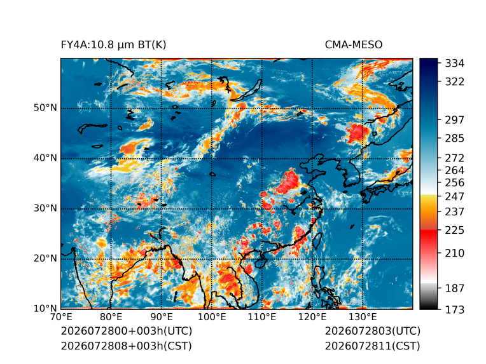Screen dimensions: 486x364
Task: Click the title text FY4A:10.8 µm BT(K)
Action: coord(113,45)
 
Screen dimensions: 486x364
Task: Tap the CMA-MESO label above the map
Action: coord(354,45)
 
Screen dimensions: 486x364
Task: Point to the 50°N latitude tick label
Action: coord(45,108)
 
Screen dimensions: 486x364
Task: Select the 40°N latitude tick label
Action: coord(45,158)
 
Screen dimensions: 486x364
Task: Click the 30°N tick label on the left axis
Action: coord(45,208)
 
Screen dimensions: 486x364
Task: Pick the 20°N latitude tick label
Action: coord(45,258)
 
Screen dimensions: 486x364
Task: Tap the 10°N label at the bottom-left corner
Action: coord(45,308)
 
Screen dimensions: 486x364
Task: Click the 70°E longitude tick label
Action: coord(60,317)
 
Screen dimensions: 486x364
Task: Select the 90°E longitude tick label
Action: coord(161,317)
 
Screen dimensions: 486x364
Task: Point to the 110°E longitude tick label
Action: coord(262,317)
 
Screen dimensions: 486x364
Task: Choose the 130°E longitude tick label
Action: coord(363,317)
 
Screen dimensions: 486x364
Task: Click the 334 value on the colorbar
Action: coord(455,64)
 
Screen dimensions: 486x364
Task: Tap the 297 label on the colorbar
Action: coord(455,120)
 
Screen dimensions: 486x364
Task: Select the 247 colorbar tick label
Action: coord(455,196)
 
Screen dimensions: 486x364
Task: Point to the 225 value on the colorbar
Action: coord(455,231)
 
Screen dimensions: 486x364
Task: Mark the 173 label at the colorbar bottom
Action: coord(455,309)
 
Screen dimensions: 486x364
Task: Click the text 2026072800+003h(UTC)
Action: coord(127,331)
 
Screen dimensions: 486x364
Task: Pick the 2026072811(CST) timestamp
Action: coord(373,346)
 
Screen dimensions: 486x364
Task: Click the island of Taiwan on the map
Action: coord(317,241)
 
